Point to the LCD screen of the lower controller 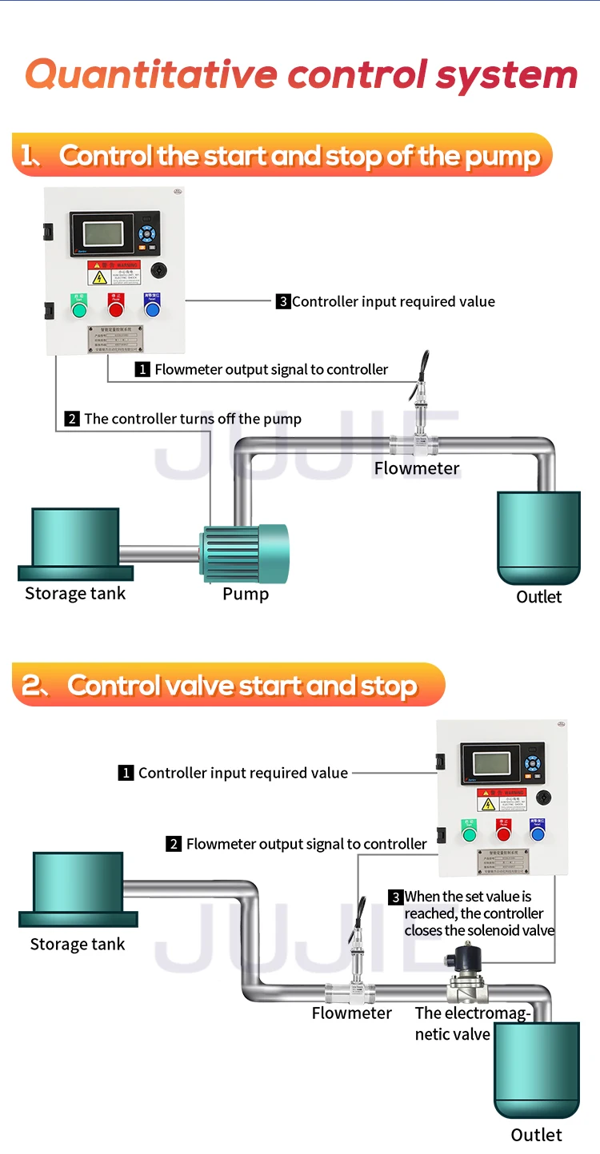click(491, 764)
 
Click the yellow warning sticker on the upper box click(98, 277)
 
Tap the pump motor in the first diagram click(243, 553)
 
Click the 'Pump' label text click(245, 594)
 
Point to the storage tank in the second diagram click(78, 889)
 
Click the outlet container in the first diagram click(538, 537)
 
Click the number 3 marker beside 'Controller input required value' click(283, 302)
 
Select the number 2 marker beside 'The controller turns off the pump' click(72, 419)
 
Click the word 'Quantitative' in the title click(151, 74)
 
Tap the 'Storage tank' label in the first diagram click(75, 594)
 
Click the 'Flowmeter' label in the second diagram click(351, 1013)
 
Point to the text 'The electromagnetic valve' click(471, 1024)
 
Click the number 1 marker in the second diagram click(126, 773)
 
